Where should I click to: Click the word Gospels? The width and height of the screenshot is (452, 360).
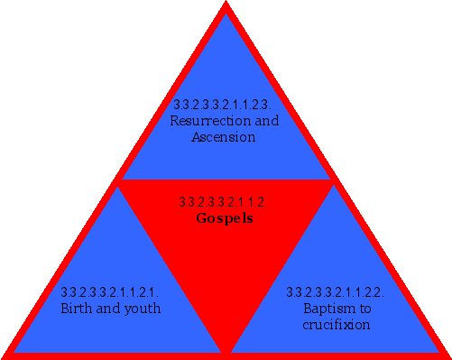pyautogui.click(x=224, y=218)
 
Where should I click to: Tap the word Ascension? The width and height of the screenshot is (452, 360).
pyautogui.click(x=224, y=137)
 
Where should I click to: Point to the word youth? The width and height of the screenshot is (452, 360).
pyautogui.click(x=142, y=309)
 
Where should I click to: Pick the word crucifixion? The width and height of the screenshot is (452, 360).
pyautogui.click(x=336, y=325)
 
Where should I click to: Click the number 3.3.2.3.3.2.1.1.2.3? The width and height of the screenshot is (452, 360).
pyautogui.click(x=224, y=105)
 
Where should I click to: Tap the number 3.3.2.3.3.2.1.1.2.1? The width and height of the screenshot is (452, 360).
pyautogui.click(x=110, y=292)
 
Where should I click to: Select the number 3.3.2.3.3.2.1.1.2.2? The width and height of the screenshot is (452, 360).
pyautogui.click(x=336, y=292)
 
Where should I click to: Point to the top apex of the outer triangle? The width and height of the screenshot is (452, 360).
pyautogui.click(x=226, y=5)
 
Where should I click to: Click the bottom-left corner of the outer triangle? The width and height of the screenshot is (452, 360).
pyautogui.click(x=4, y=355)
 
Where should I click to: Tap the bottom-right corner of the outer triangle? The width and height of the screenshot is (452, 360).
pyautogui.click(x=447, y=355)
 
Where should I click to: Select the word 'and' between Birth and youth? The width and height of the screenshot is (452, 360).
pyautogui.click(x=108, y=309)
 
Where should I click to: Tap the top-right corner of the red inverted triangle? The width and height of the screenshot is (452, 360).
pyautogui.click(x=334, y=181)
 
